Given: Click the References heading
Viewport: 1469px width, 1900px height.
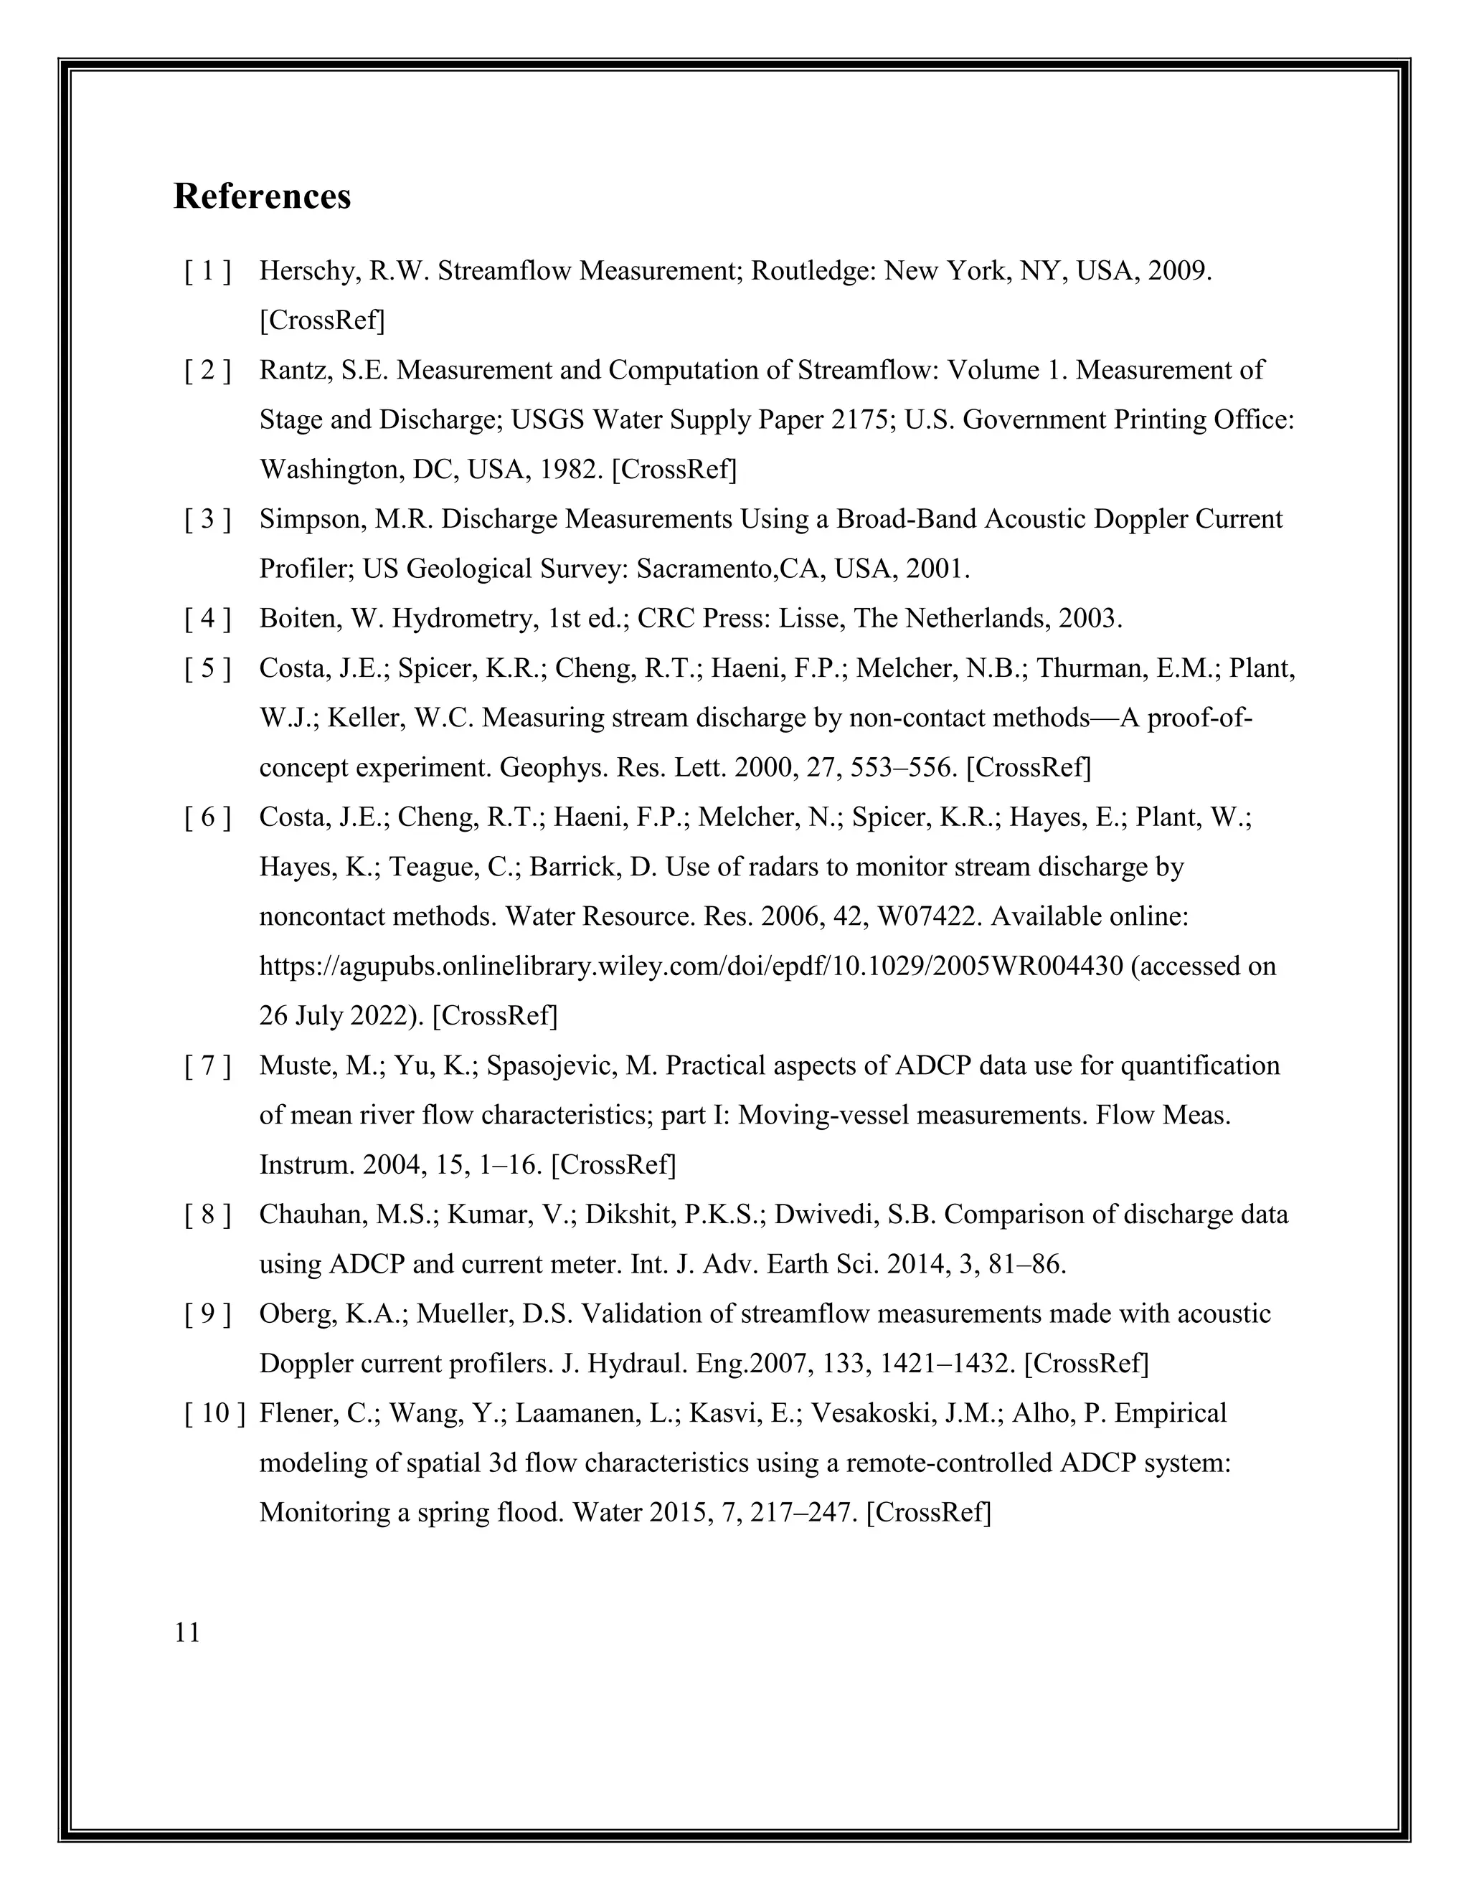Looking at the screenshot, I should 262,196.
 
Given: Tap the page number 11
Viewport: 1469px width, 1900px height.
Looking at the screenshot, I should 187,1633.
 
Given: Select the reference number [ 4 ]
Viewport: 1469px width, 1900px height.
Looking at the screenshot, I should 207,619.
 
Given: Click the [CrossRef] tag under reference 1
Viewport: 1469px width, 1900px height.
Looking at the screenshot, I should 322,321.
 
